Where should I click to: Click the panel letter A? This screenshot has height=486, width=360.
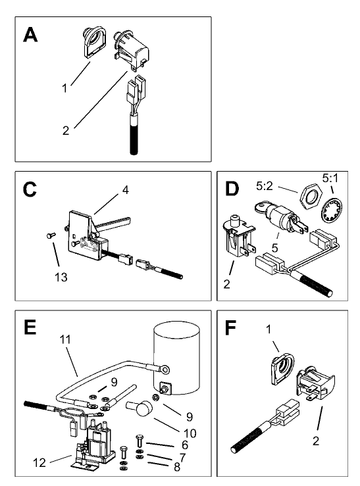[x=30, y=34]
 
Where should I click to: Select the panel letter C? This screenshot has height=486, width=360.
[x=30, y=191]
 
